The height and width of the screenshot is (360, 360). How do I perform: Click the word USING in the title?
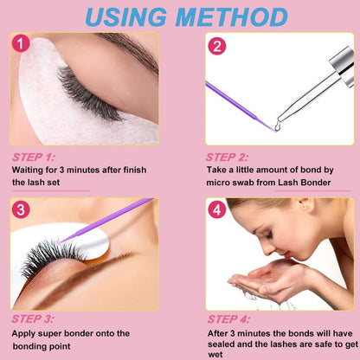point(126,16)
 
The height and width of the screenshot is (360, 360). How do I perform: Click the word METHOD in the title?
point(231,16)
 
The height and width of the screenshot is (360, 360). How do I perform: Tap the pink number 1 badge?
point(21,44)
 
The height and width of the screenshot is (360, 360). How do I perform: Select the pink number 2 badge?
point(216,47)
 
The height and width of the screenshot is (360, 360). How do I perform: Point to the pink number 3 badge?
point(21,209)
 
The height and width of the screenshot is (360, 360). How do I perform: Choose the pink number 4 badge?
point(217,209)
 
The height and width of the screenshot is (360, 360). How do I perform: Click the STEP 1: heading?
point(34,157)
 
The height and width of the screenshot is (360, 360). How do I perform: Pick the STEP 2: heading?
point(227,157)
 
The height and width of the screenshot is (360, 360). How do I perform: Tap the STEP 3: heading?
point(33,318)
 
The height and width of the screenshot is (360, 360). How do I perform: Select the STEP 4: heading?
point(228,319)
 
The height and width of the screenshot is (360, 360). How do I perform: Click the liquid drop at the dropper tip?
point(278,126)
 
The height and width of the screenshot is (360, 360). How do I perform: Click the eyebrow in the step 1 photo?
point(130,50)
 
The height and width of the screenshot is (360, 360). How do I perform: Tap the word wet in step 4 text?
point(215,355)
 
